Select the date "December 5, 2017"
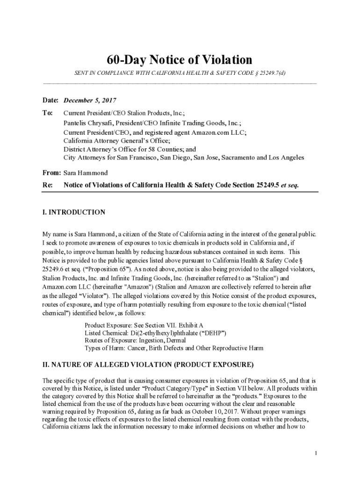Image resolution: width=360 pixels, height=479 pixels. pyautogui.click(x=90, y=101)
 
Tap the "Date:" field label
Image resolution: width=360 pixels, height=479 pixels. pyautogui.click(x=50, y=101)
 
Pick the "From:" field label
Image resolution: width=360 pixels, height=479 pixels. pyautogui.click(x=51, y=173)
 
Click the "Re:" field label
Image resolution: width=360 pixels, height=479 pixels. pyautogui.click(x=47, y=185)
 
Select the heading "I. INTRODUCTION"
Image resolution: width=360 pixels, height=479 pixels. pyautogui.click(x=73, y=212)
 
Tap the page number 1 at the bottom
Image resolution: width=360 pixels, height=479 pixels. pyautogui.click(x=317, y=453)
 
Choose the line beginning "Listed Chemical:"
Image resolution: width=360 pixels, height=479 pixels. pyautogui.click(x=155, y=333)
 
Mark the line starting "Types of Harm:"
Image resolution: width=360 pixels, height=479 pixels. pyautogui.click(x=174, y=348)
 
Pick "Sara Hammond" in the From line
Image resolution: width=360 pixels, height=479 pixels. pyautogui.click(x=86, y=173)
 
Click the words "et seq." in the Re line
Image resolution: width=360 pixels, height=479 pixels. pyautogui.click(x=290, y=185)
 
